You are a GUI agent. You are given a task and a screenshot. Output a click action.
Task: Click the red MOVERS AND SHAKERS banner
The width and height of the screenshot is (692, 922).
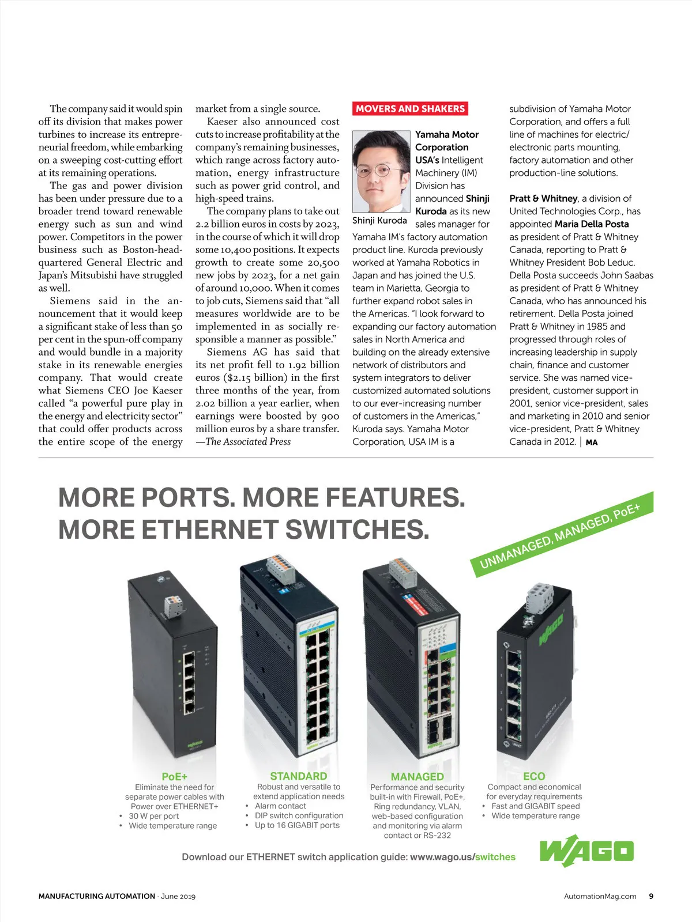pyautogui.click(x=410, y=108)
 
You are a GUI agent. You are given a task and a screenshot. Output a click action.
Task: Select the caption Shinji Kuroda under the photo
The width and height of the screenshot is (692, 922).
pyautogui.click(x=379, y=220)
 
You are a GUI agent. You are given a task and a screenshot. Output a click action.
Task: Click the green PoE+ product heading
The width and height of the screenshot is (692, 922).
pyautogui.click(x=174, y=776)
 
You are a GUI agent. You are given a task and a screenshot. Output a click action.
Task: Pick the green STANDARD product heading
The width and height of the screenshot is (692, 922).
pyautogui.click(x=298, y=776)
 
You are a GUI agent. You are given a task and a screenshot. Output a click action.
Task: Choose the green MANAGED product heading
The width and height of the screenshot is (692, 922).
pyautogui.click(x=417, y=776)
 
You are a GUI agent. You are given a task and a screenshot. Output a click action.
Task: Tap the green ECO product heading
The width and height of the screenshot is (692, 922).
pyautogui.click(x=534, y=776)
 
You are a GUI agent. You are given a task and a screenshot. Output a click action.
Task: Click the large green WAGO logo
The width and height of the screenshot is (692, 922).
pyautogui.click(x=586, y=851)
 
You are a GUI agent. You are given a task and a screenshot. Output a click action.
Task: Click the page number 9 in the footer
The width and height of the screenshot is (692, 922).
pyautogui.click(x=651, y=896)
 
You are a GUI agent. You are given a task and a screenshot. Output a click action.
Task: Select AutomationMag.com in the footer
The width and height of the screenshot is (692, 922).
pyautogui.click(x=600, y=896)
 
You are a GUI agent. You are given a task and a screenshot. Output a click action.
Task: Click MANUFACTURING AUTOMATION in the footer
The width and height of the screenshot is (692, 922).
pyautogui.click(x=97, y=896)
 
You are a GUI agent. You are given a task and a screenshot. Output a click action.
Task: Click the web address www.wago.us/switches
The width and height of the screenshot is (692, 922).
pyautogui.click(x=462, y=857)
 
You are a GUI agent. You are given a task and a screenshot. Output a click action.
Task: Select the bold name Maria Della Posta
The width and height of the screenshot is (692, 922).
pyautogui.click(x=592, y=224)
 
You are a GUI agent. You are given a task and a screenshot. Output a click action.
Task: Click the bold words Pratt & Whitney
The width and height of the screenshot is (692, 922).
pyautogui.click(x=543, y=198)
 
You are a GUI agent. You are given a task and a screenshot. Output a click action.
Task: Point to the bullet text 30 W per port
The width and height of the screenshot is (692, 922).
pyautogui.click(x=153, y=816)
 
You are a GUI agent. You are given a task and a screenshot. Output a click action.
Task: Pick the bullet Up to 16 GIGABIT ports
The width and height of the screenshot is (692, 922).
pyautogui.click(x=297, y=825)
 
